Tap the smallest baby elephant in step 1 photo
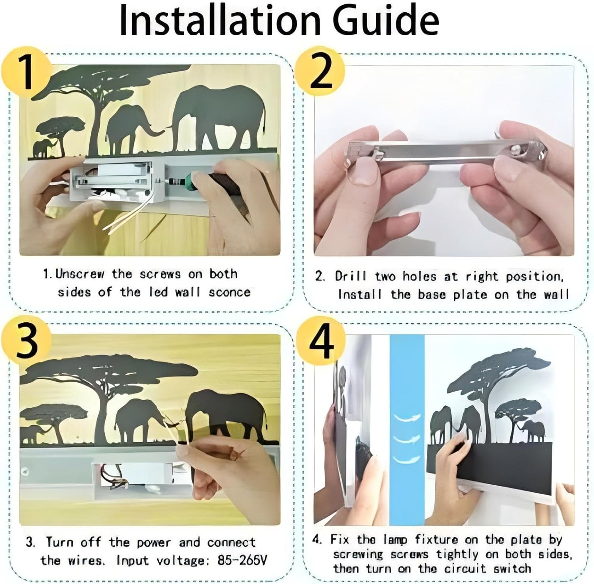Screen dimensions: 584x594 click(x=42, y=148)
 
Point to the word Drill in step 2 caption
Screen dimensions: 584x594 click(x=350, y=276)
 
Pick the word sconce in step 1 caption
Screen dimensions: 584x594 click(x=230, y=292)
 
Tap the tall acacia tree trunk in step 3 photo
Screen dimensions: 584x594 click(x=102, y=416)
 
